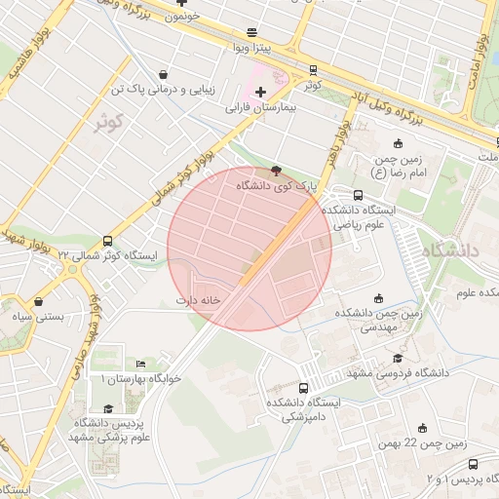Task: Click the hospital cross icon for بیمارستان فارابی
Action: click(260, 92)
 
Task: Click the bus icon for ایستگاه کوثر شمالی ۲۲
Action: click(107, 241)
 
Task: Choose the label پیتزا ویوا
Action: click(252, 47)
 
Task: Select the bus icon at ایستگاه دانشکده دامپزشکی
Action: click(305, 387)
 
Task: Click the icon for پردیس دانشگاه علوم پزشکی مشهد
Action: click(109, 409)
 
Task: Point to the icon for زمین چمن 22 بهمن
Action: click(422, 428)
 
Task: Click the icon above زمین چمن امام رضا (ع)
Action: click(398, 144)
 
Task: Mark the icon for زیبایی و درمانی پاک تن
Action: click(162, 74)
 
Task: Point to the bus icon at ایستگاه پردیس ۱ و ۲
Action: click(474, 465)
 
